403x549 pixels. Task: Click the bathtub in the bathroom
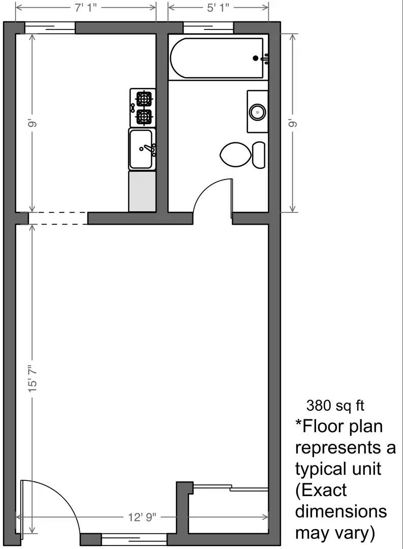click(x=216, y=58)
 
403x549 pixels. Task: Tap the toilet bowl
click(x=236, y=154)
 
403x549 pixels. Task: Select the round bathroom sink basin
click(x=258, y=111)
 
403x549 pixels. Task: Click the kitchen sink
click(x=142, y=149)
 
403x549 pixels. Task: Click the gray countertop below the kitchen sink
click(x=142, y=191)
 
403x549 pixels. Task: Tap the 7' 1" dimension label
click(x=85, y=7)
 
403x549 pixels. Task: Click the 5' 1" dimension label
click(x=218, y=7)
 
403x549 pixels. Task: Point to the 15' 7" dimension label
click(x=33, y=377)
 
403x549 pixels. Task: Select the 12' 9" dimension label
click(x=142, y=517)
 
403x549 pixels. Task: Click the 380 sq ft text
click(x=335, y=406)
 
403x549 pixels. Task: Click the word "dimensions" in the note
click(x=341, y=511)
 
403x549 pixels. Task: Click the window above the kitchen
click(x=50, y=27)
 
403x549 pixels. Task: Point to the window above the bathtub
click(x=208, y=27)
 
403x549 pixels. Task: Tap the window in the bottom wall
click(x=134, y=539)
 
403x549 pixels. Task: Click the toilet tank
click(x=259, y=155)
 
